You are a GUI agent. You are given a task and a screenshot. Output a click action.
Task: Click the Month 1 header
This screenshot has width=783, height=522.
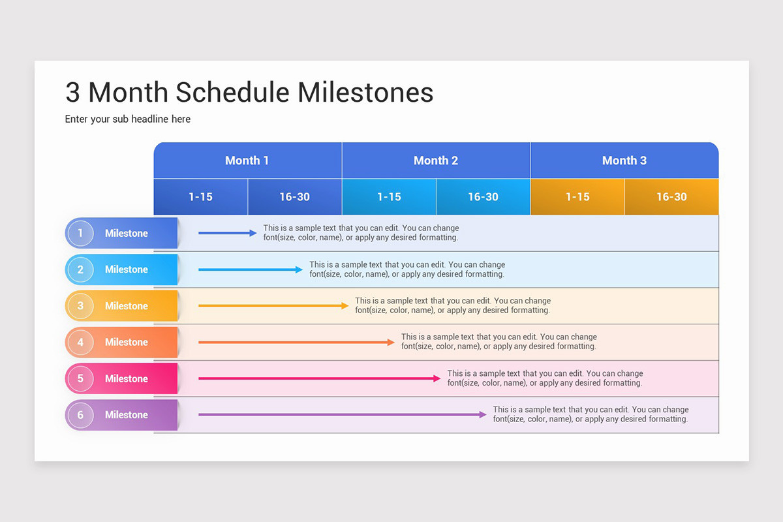(247, 161)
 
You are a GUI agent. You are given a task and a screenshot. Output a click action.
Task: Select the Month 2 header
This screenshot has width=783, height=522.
(436, 161)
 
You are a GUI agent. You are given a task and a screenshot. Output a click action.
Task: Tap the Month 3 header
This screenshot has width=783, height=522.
(624, 161)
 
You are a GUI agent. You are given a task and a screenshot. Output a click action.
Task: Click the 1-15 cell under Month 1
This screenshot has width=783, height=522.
(201, 197)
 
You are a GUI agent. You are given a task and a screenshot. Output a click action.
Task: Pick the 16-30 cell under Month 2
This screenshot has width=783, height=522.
(483, 197)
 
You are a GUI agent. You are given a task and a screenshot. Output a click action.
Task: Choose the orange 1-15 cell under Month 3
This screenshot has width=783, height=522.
(577, 197)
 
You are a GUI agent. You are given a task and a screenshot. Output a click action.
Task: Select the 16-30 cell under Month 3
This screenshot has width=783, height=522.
(672, 197)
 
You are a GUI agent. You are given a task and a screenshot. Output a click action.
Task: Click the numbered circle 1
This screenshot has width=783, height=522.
(80, 233)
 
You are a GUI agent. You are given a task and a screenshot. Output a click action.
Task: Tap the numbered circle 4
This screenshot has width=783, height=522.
(80, 343)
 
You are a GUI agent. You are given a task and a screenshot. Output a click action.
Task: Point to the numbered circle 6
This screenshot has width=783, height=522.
(80, 415)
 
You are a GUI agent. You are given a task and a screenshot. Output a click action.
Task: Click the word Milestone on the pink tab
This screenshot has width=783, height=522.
(127, 378)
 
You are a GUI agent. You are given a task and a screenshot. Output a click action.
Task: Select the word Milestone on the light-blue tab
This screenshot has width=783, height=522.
(127, 269)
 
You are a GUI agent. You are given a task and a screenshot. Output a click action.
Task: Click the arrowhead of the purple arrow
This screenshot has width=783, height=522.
(483, 414)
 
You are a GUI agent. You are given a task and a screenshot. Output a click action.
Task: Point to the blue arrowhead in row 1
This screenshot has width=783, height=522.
(253, 233)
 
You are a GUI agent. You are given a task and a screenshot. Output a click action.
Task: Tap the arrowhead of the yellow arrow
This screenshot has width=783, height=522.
(345, 306)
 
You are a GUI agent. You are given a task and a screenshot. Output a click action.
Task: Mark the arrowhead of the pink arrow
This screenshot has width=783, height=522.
(437, 378)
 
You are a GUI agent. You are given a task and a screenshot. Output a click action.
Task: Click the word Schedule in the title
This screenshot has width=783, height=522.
(232, 93)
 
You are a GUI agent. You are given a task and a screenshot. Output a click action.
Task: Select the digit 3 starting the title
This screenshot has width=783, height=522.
(72, 93)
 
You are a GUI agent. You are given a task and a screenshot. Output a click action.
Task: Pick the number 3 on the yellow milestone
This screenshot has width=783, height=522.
(80, 306)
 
